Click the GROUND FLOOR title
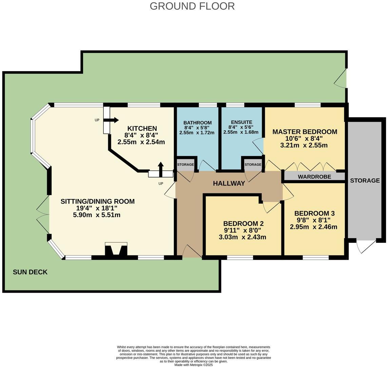(192, 6)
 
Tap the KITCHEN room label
(142, 129)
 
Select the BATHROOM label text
(197, 122)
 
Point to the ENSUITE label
(241, 122)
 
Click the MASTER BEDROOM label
(305, 132)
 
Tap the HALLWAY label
(229, 183)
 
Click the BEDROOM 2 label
(243, 224)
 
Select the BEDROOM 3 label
(314, 213)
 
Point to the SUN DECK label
(30, 272)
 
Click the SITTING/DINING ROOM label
(97, 201)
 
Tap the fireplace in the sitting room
(116, 250)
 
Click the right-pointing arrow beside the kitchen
(114, 120)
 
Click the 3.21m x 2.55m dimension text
(305, 146)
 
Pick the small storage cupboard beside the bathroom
(186, 165)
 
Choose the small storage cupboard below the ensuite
(253, 165)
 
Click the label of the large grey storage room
(365, 180)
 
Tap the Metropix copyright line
(193, 365)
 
